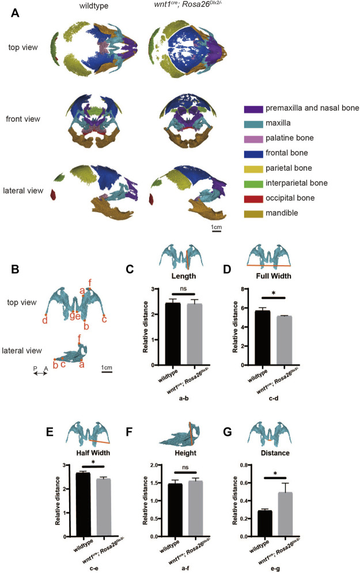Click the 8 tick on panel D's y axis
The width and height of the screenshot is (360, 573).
click(x=245, y=289)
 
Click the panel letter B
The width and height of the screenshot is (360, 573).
click(x=16, y=268)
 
